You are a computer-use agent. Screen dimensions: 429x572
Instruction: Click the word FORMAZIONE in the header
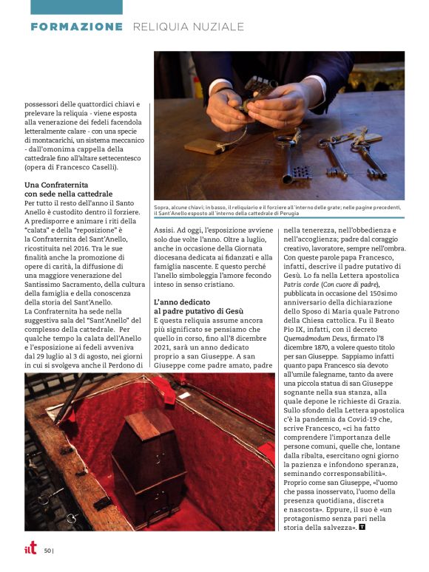click(77, 27)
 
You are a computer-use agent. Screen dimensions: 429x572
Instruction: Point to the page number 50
click(47, 550)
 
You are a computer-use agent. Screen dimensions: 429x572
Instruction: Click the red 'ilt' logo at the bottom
click(30, 548)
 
